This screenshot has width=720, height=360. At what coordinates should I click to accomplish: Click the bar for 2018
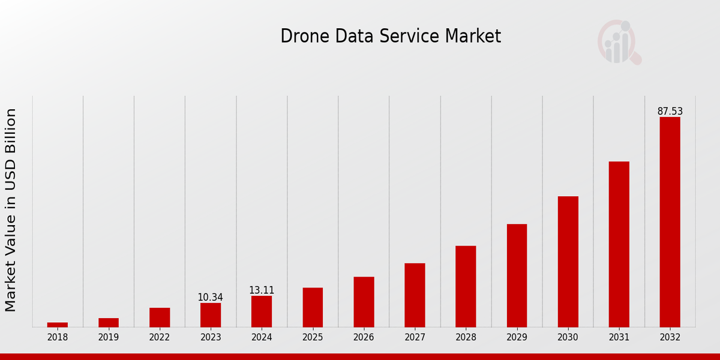click(58, 325)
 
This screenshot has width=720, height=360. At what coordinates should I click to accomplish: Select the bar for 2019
click(109, 323)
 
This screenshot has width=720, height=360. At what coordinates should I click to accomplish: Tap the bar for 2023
click(211, 315)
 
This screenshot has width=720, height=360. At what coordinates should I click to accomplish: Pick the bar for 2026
click(364, 302)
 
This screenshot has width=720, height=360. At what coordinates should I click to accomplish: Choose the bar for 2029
click(517, 275)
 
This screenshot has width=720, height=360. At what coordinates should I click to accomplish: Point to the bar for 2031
click(619, 244)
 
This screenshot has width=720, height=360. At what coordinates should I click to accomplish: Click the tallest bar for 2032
click(670, 222)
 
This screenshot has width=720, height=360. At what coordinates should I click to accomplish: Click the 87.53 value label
click(670, 112)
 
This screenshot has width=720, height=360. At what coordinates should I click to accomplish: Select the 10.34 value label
click(211, 298)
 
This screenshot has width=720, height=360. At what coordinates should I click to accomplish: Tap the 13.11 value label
click(262, 290)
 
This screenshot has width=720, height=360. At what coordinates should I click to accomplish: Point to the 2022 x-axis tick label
click(160, 338)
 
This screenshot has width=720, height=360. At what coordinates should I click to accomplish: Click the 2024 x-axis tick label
click(262, 338)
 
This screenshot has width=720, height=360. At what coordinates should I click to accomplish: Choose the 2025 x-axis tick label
click(313, 338)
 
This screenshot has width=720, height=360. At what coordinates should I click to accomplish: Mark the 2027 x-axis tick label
click(415, 338)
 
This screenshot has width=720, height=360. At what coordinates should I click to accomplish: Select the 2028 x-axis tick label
click(466, 338)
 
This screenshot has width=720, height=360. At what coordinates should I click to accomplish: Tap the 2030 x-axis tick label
click(568, 338)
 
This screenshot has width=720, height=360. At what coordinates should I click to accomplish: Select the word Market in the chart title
click(473, 37)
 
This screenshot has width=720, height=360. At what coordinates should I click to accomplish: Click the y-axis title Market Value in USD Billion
click(11, 210)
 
